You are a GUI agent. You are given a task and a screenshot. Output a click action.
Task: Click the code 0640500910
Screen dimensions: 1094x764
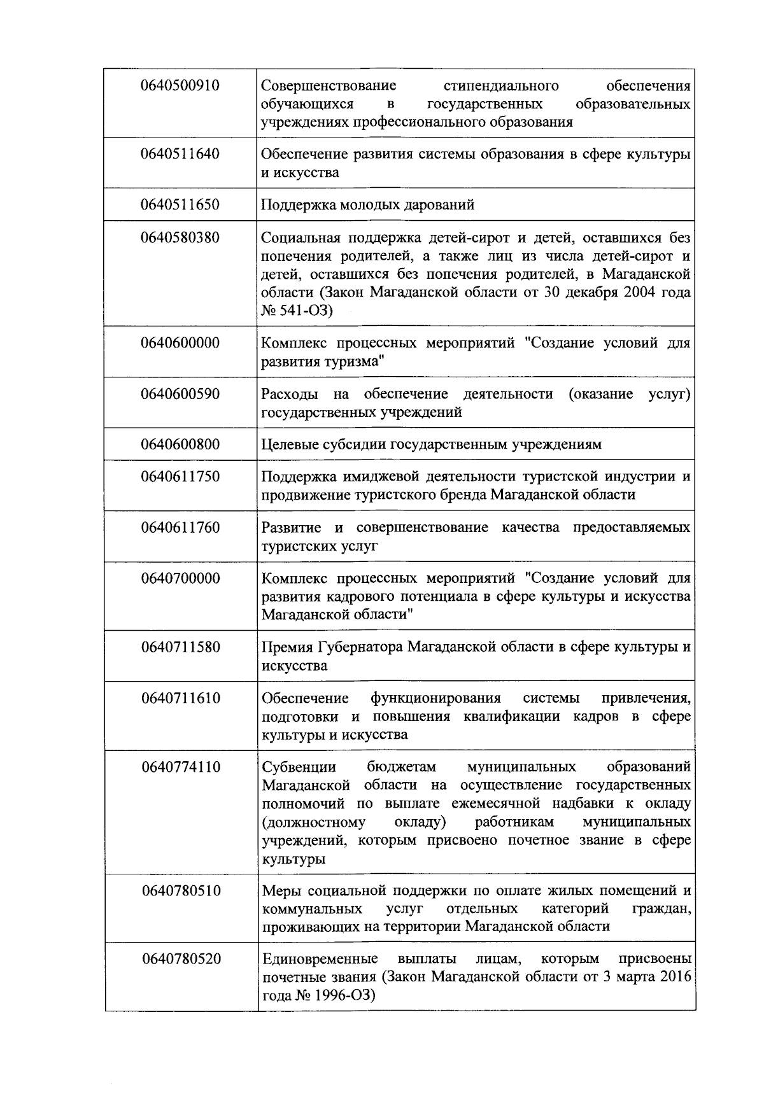[180, 85]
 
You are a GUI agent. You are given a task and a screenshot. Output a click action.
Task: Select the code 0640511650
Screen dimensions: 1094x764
[180, 205]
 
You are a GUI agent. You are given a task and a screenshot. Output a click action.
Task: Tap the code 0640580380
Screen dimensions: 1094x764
[180, 238]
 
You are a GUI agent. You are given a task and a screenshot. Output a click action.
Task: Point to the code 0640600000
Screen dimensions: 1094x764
[180, 343]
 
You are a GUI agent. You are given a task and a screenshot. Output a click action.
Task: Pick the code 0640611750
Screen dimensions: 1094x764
[180, 477]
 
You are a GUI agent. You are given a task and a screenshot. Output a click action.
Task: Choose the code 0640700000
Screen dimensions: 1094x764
[180, 579]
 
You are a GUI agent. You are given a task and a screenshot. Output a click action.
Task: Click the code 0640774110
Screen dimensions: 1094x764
[180, 767]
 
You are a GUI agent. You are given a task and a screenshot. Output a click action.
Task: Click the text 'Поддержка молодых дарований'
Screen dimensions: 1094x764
[368, 205]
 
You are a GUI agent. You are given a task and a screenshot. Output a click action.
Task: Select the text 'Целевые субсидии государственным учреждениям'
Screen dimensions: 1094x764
[431, 444]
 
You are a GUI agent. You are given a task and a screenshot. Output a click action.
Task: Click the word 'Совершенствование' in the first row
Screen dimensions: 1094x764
[329, 85]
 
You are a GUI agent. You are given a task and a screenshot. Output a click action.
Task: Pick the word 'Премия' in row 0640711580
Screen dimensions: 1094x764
[286, 647]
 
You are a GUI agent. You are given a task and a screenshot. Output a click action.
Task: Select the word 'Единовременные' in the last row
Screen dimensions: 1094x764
[320, 959]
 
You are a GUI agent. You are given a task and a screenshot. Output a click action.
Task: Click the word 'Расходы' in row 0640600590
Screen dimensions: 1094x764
[289, 394]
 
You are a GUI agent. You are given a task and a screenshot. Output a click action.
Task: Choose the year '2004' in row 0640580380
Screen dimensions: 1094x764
[644, 293]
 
